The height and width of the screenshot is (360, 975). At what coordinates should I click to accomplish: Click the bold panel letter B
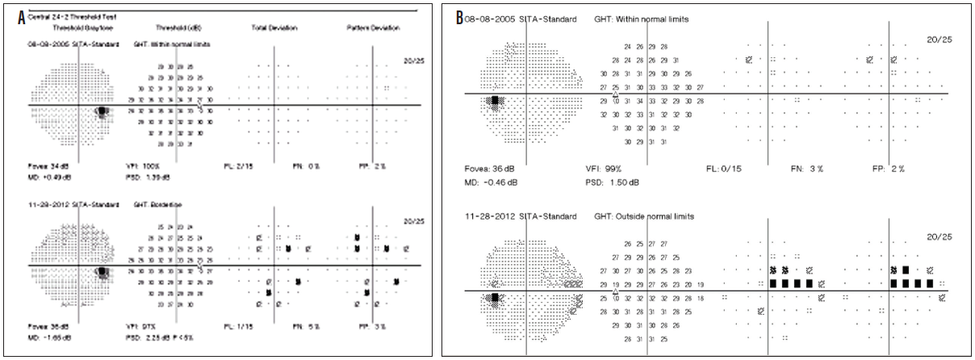pos(460,16)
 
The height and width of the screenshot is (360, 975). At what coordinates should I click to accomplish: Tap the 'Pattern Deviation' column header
pos(374,28)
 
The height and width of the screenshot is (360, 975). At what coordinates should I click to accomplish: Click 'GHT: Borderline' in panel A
pos(158,205)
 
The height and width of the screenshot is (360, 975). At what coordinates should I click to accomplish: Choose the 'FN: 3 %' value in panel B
pos(808,170)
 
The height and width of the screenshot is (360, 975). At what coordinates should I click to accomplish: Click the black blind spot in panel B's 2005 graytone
pos(493,100)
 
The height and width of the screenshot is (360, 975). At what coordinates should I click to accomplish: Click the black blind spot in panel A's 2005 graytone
pos(103,112)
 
